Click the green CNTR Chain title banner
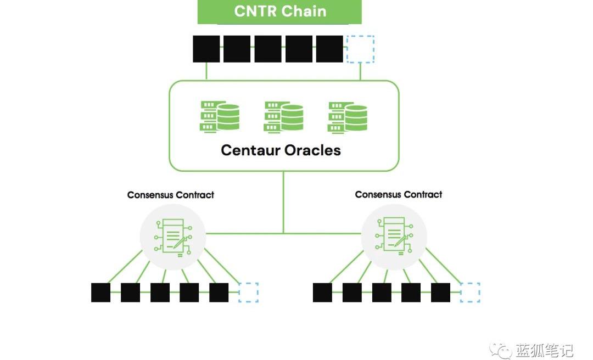pyautogui.click(x=279, y=12)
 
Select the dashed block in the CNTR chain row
pyautogui.click(x=361, y=49)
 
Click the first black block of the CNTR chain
pyautogui.click(x=206, y=49)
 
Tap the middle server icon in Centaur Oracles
pyautogui.click(x=283, y=116)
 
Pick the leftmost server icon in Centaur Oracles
pyautogui.click(x=220, y=116)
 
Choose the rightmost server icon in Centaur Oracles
pyautogui.click(x=347, y=116)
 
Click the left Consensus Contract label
pyautogui.click(x=171, y=195)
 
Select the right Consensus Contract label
pyautogui.click(x=399, y=194)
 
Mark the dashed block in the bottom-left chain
pyautogui.click(x=248, y=292)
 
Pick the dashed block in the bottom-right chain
pyautogui.click(x=470, y=292)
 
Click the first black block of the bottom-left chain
pyautogui.click(x=100, y=292)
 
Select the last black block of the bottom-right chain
pyautogui.click(x=440, y=292)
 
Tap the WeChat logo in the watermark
pyautogui.click(x=501, y=350)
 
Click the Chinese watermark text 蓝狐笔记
pyautogui.click(x=544, y=350)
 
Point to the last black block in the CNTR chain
pyautogui.click(x=329, y=49)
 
